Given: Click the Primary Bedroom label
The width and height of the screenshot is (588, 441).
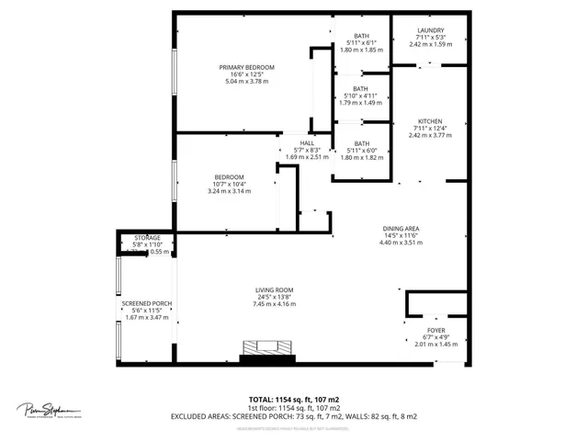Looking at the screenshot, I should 246,67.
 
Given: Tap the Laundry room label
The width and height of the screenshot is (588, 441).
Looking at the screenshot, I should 430,29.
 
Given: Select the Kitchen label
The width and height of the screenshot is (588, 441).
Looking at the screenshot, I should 430,121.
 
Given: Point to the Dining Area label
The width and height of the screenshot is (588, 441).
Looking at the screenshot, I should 401,229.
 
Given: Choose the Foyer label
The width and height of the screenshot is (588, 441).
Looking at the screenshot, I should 435,330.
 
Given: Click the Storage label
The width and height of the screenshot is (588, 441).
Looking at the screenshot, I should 148,238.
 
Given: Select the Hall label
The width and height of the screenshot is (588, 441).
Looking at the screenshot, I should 307,142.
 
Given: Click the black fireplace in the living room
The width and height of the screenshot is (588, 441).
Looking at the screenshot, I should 261,353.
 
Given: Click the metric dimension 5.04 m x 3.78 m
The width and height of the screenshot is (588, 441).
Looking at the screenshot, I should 246,82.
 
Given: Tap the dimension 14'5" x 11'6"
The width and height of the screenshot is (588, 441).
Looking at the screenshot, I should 401,236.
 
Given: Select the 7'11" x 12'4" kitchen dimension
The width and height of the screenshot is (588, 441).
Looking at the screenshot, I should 430,129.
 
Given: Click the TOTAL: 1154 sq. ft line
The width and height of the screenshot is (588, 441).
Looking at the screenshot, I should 294,399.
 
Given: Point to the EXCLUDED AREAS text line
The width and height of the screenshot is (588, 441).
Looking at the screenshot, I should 294,416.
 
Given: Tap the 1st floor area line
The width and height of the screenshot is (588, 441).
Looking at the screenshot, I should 294,408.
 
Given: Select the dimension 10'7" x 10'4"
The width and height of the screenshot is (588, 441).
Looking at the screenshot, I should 229,184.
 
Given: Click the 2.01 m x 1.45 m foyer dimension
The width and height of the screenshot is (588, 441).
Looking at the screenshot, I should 435,345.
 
